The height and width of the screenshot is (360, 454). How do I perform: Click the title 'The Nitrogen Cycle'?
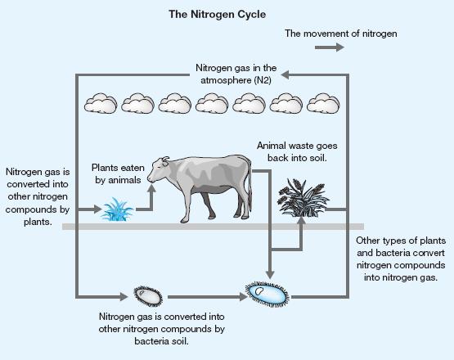[x=217, y=14]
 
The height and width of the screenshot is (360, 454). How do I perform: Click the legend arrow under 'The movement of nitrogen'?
[x=330, y=47]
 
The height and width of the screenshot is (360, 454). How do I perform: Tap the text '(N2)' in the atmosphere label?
[x=263, y=80]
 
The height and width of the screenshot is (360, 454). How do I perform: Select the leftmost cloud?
[x=101, y=103]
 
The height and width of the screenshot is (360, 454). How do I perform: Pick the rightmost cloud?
[x=323, y=103]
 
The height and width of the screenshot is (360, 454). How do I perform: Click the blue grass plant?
[x=117, y=209]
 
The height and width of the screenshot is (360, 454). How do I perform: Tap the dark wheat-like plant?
[x=303, y=198]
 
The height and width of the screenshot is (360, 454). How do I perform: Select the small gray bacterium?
[x=148, y=296]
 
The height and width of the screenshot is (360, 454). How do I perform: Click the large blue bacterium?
[x=267, y=294]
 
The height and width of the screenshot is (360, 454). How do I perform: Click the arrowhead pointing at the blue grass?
[x=98, y=209]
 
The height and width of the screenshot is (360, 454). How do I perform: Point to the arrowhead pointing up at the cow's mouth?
[x=151, y=188]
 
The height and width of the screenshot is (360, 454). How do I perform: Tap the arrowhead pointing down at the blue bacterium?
[x=270, y=275]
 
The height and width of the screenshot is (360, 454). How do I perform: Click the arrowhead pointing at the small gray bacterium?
[x=124, y=296]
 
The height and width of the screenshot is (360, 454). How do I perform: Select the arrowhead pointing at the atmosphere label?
[x=285, y=75]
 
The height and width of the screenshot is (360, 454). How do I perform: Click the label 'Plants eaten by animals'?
[x=118, y=173]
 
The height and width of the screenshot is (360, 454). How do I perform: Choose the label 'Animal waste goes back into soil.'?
[x=297, y=151]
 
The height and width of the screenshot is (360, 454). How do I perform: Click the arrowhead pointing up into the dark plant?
[x=301, y=221]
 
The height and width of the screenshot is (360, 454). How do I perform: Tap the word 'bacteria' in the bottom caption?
[x=151, y=341]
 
